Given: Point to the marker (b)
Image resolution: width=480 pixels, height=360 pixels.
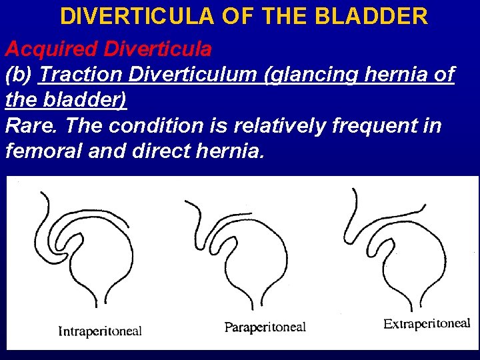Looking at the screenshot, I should (19, 75).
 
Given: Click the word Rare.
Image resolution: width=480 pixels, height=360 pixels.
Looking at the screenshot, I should (27, 125).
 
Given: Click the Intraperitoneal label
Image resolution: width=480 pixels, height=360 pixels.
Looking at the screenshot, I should (100, 331).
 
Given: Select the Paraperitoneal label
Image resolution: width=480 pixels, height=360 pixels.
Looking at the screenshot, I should (265, 327).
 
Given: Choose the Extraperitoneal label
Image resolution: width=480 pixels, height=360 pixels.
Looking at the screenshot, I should (427, 324).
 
